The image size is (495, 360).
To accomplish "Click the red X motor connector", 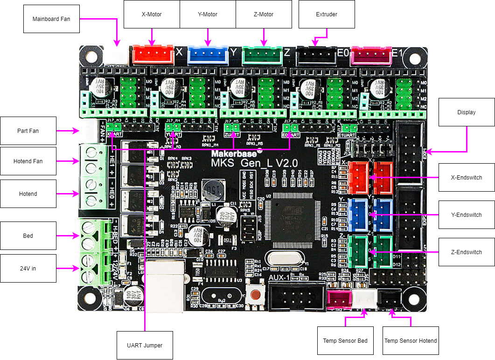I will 153,55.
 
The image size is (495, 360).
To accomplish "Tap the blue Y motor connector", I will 208,55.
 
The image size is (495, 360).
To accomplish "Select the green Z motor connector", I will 263,55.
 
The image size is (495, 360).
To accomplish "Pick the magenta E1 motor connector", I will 371,55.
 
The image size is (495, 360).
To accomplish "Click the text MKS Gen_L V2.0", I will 254,163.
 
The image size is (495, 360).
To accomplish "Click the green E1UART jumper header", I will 349,128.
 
